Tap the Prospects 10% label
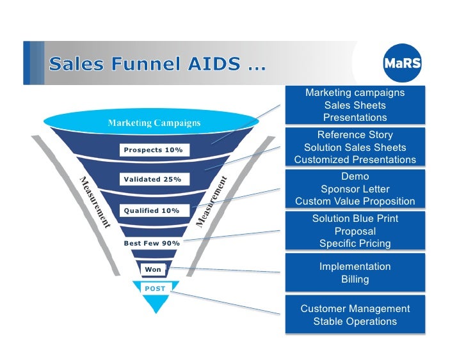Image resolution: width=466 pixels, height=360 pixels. [x=153, y=150]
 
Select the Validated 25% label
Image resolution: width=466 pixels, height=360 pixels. [x=152, y=180]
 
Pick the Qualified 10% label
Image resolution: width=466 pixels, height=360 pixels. [x=152, y=210]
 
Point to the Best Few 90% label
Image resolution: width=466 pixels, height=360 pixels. [x=152, y=243]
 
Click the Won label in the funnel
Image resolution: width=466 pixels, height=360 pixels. [x=153, y=270]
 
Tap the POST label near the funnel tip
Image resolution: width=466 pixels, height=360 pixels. [x=155, y=289]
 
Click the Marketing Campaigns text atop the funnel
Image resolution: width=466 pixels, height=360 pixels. [x=154, y=123]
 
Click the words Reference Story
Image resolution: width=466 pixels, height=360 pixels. [x=355, y=135]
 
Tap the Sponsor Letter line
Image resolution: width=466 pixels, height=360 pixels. [x=355, y=189]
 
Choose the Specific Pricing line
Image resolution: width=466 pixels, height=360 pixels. [x=355, y=244]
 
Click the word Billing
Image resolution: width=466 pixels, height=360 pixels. [x=355, y=279]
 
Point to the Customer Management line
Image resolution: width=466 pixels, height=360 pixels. [x=355, y=309]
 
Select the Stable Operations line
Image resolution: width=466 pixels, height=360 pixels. [x=355, y=322]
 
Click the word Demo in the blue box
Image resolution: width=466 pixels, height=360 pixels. [x=355, y=176]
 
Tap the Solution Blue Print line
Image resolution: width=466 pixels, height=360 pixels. [x=355, y=219]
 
